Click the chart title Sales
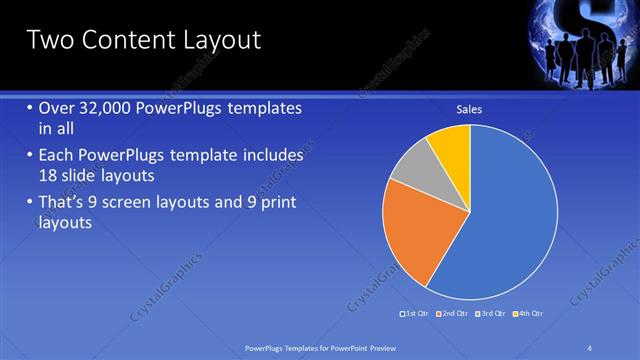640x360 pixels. [470, 109]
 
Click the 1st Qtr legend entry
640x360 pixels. [416, 314]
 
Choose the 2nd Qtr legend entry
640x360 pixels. [453, 314]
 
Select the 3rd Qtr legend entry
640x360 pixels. [490, 314]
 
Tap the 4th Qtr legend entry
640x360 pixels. [528, 314]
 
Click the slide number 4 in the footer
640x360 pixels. [591, 347]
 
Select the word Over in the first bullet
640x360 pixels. [57, 108]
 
